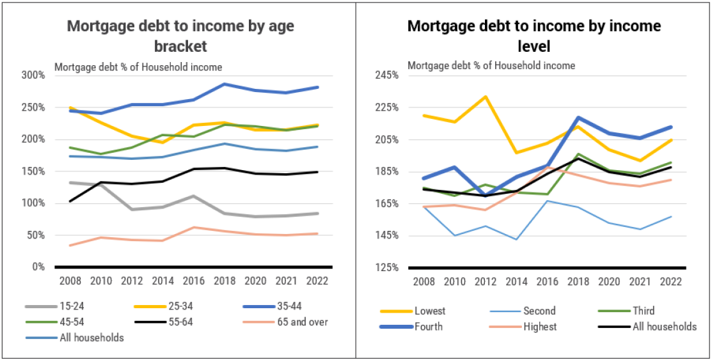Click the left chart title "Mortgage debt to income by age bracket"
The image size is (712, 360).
[180, 36]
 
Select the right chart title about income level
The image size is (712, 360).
[534, 36]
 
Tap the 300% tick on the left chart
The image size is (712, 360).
[33, 75]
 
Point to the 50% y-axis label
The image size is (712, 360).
[36, 235]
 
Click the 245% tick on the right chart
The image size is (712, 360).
[387, 75]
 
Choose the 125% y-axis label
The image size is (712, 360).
[387, 267]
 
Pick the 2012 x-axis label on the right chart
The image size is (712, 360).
[486, 281]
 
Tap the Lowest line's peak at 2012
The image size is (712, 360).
[486, 97]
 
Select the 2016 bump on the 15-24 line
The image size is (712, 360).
[193, 196]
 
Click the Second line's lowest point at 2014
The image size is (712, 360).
[516, 240]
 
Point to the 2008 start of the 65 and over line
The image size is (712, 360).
[68, 246]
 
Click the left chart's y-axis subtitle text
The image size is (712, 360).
[138, 67]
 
